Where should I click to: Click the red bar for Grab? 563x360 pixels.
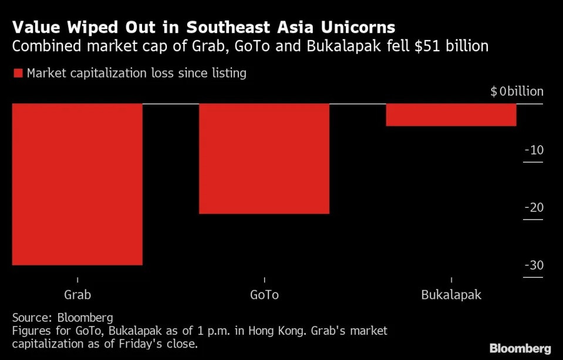click(77, 184)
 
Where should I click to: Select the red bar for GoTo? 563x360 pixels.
click(264, 159)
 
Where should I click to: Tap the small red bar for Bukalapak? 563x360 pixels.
click(451, 115)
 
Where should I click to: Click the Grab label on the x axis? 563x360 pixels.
click(77, 295)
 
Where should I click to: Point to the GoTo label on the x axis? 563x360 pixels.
click(264, 295)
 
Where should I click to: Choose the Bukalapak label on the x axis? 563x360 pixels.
click(451, 295)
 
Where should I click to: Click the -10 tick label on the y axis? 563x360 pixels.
click(534, 150)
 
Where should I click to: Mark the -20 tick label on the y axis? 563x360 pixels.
click(534, 207)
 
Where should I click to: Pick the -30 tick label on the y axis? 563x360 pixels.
click(534, 265)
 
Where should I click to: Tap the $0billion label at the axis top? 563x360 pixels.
click(517, 92)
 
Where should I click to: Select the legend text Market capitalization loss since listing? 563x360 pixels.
click(136, 73)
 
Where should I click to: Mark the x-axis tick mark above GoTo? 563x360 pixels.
click(264, 280)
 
